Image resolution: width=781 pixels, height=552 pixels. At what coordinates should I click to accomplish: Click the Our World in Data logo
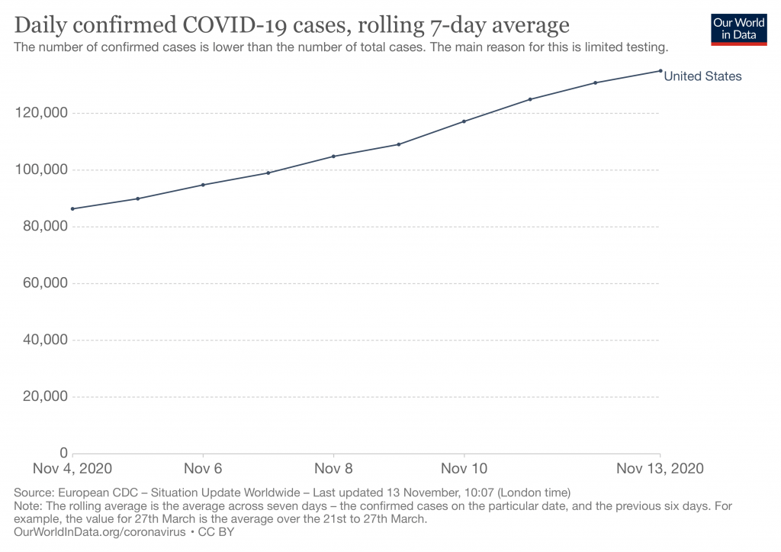(738, 28)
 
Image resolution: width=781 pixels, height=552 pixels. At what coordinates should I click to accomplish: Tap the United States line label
(702, 76)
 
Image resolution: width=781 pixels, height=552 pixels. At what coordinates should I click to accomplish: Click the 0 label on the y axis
(64, 452)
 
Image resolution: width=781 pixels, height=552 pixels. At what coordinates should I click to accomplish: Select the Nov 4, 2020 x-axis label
(72, 468)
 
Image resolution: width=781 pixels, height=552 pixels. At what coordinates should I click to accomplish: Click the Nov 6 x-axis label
(203, 468)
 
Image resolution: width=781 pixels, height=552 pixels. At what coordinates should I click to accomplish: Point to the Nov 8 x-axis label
(333, 468)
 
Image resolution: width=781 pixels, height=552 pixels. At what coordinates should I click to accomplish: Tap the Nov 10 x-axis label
(464, 468)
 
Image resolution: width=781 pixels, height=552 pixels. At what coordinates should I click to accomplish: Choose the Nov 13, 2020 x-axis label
(658, 468)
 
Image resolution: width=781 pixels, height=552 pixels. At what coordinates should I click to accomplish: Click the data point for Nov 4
(72, 208)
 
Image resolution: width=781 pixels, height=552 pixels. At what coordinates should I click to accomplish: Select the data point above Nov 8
(333, 157)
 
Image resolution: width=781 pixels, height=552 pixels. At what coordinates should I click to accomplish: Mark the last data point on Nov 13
(660, 71)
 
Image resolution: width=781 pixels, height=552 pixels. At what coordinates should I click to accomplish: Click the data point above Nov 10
(464, 121)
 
